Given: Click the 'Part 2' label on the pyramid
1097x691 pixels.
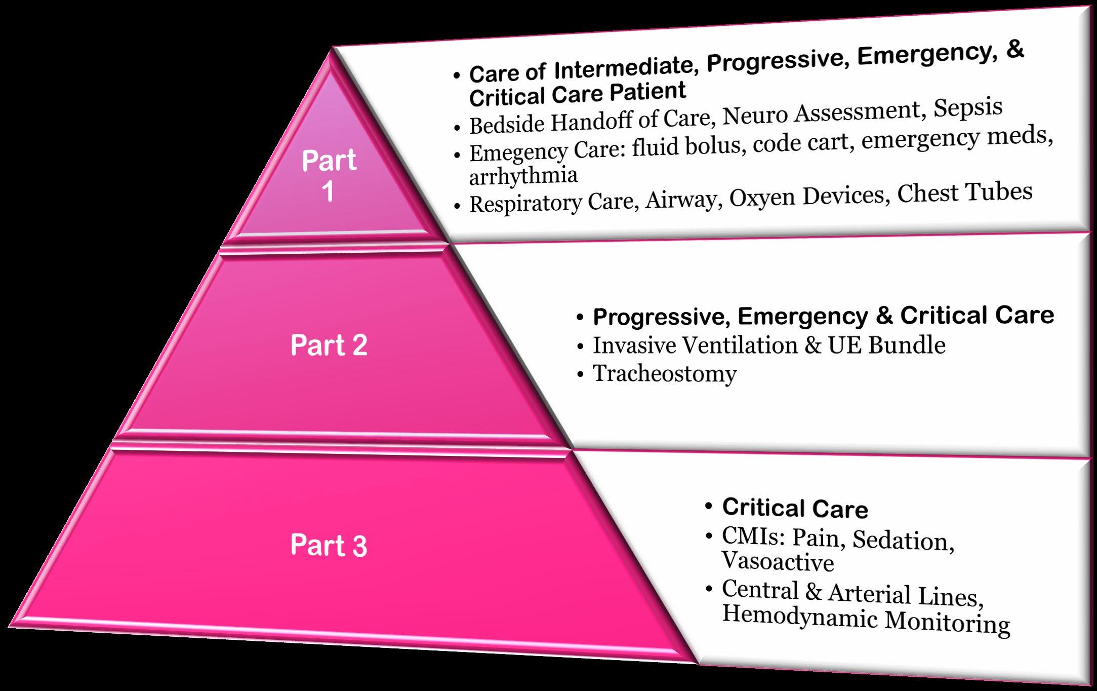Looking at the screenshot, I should click(x=329, y=345).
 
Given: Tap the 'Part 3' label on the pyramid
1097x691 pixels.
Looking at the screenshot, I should click(x=329, y=546).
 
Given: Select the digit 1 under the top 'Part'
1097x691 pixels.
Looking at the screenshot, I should click(x=329, y=192).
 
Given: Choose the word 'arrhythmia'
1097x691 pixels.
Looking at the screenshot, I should click(x=523, y=176).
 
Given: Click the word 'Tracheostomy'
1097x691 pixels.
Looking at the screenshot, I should click(x=665, y=374).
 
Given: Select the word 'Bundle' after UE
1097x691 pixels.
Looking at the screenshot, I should click(x=907, y=345).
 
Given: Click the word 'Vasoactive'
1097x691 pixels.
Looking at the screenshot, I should click(x=778, y=562).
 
